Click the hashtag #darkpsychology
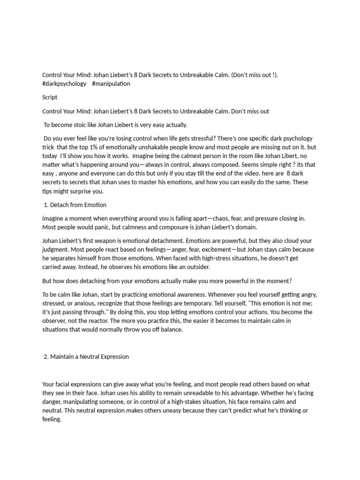coord(64,83)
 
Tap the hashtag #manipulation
coord(111,83)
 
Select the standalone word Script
coord(50,97)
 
